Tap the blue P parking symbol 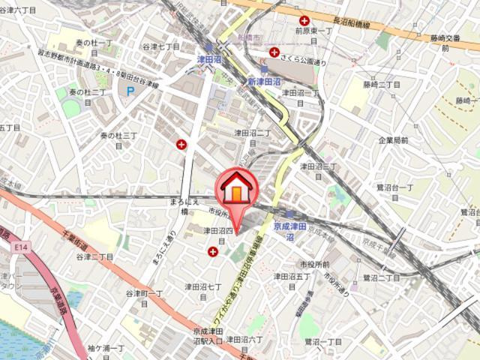click(x=130, y=91)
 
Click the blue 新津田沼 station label click(x=264, y=81)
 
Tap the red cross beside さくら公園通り click(x=275, y=52)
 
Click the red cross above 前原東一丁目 click(x=304, y=21)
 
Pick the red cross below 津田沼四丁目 click(x=214, y=253)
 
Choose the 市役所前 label click(x=315, y=265)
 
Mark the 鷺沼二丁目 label click(x=382, y=277)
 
